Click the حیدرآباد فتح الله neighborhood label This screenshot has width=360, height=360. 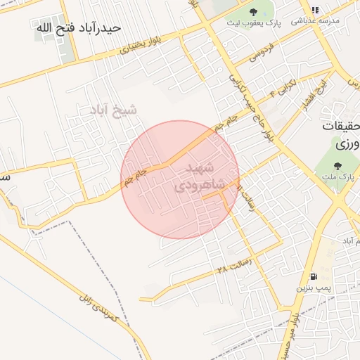coord(78,28)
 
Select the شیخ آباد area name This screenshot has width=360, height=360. coord(112,110)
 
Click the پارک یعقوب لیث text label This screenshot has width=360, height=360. coord(253,23)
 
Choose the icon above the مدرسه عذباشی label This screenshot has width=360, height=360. coord(315,10)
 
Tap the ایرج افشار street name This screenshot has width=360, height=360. coord(320,91)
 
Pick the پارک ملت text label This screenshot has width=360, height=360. coord(337,179)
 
